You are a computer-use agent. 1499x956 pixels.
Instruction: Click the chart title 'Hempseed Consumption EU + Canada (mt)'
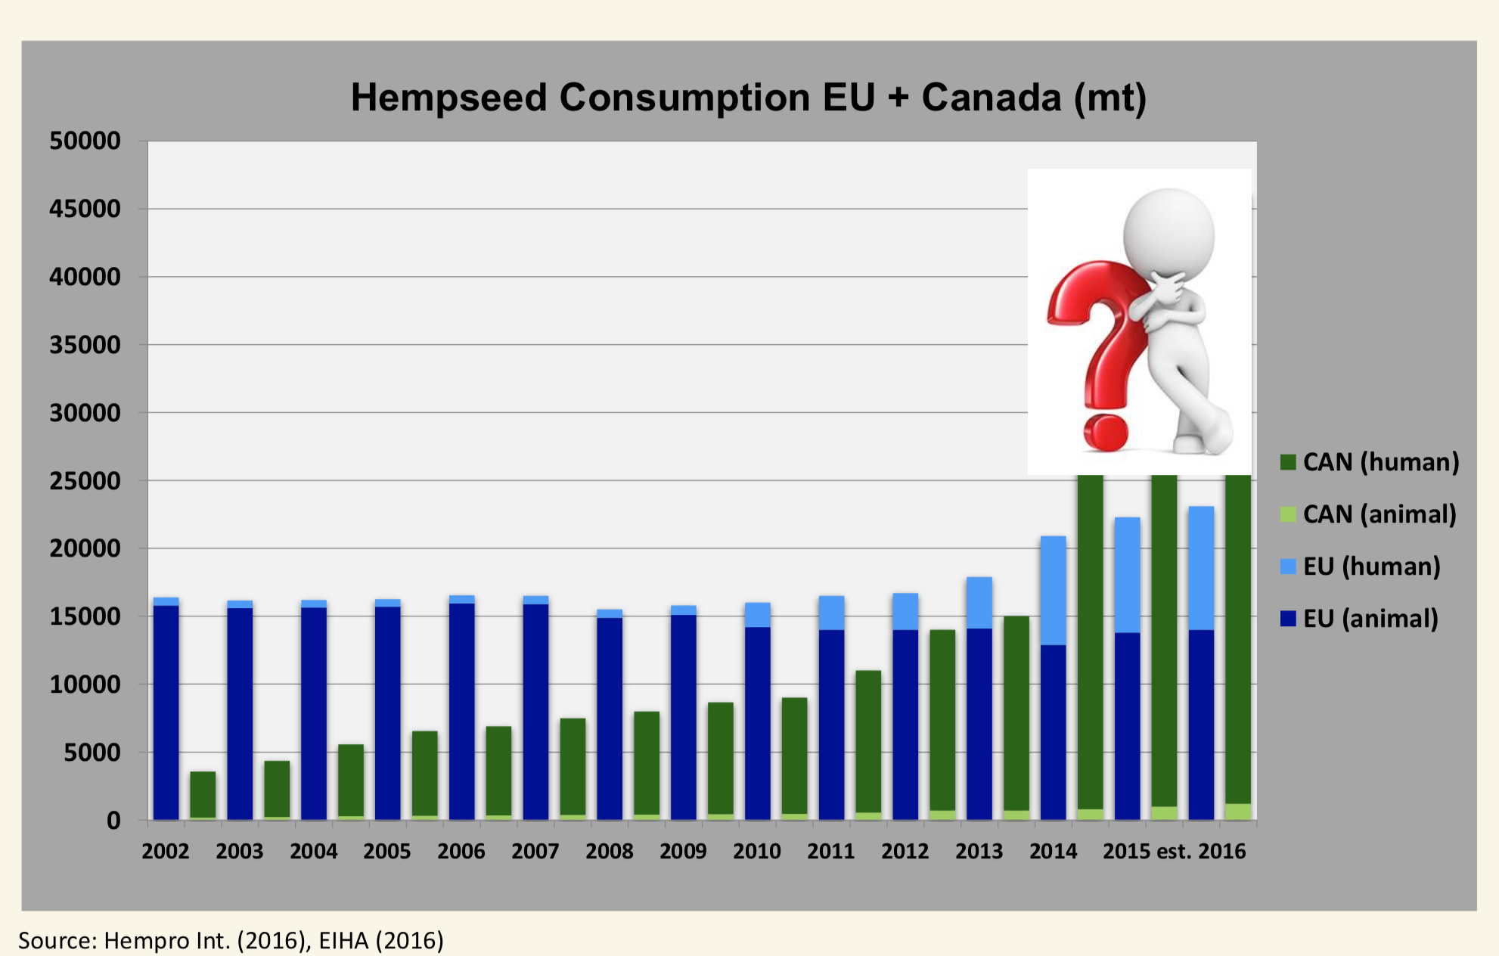coord(748,98)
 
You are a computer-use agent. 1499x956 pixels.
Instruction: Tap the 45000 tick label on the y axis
coord(85,210)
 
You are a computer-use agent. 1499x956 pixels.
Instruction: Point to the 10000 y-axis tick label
coord(85,685)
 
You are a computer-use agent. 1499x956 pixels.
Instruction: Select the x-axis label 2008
coord(609,852)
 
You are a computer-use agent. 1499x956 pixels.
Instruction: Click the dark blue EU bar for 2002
coord(166,711)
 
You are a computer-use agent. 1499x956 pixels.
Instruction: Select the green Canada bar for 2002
coord(203,794)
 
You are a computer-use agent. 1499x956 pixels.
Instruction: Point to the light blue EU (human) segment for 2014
coord(1054,590)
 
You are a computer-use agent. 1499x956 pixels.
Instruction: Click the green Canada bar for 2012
coord(942,719)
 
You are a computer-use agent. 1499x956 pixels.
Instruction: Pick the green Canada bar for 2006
coord(498,771)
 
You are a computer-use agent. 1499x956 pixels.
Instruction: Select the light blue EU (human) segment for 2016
coord(1201,567)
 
